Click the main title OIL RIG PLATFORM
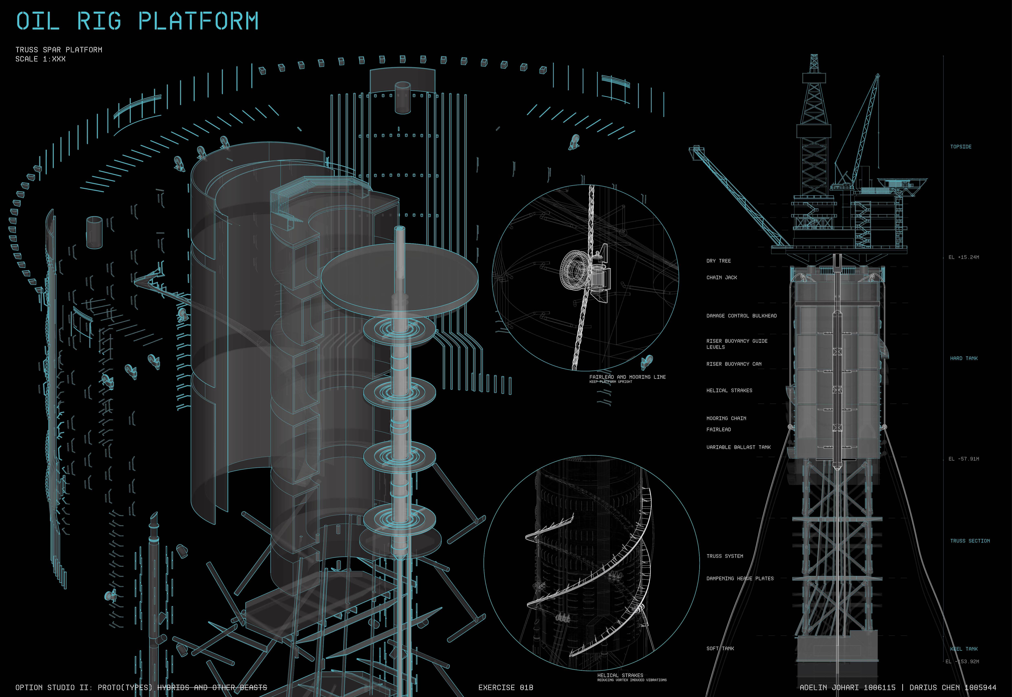[137, 21]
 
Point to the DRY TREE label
[718, 261]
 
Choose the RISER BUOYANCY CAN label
[733, 364]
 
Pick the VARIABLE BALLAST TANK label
[738, 447]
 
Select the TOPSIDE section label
[960, 147]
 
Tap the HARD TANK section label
[964, 358]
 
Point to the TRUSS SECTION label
[970, 541]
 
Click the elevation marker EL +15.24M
[964, 257]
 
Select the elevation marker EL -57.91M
[964, 459]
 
